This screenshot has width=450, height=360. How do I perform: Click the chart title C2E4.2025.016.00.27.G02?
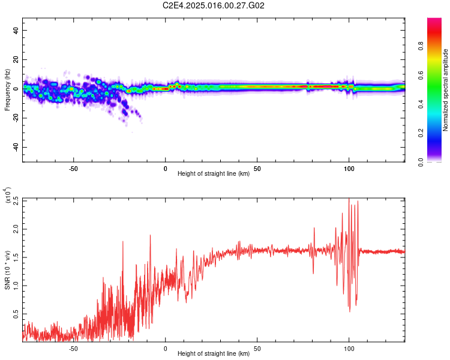214,5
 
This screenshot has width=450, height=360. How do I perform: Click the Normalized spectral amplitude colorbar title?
446,90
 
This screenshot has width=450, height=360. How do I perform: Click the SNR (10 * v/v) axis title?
7,270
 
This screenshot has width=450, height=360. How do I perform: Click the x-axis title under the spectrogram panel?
214,174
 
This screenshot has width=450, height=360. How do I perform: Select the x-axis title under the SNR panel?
214,354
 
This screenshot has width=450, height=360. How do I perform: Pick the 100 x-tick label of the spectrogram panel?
349,169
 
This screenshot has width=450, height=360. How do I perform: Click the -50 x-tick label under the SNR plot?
73,348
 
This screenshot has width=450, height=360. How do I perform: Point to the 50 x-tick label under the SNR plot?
257,348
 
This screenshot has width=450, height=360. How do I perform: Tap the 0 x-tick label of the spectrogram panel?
166,169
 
